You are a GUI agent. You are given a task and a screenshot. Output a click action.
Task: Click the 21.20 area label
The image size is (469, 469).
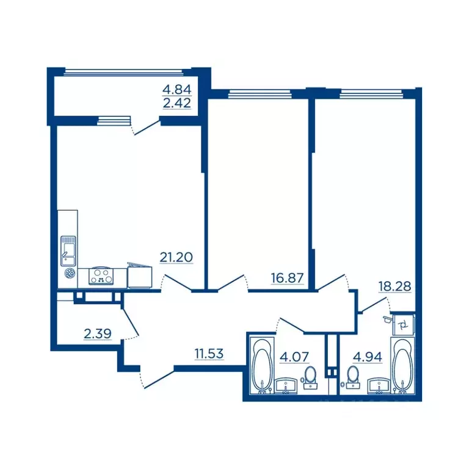pyautogui.click(x=176, y=257)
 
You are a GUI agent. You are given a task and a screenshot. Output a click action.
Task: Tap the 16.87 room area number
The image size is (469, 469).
pyautogui.click(x=287, y=278)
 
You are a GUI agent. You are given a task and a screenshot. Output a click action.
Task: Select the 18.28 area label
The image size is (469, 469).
pyautogui.click(x=395, y=286)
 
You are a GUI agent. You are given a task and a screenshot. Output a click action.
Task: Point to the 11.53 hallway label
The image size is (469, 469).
pyautogui.click(x=209, y=354)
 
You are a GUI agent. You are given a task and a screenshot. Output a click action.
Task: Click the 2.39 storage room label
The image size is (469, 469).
pyautogui.click(x=98, y=333)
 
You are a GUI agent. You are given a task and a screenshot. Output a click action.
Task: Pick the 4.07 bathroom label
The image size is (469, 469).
pyautogui.click(x=294, y=357)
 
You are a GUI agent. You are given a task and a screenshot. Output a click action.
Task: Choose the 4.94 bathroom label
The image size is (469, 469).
pyautogui.click(x=367, y=357)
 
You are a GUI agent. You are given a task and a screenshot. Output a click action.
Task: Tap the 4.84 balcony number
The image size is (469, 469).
pyautogui.click(x=176, y=89)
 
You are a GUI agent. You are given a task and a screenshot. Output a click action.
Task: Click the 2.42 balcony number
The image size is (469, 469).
pyautogui.click(x=176, y=103)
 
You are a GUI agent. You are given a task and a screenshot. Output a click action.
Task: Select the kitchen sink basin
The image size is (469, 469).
pyautogui.click(x=68, y=251)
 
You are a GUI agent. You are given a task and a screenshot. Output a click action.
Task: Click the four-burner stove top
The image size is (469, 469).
pyautogui.click(x=101, y=277)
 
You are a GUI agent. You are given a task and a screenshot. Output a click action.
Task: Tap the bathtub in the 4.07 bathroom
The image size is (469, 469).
pyautogui.click(x=262, y=366)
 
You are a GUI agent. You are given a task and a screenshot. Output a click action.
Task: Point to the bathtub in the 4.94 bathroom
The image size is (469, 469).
pyautogui.click(x=402, y=366)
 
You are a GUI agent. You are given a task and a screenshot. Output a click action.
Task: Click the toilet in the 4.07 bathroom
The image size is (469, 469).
pyautogui.click(x=310, y=377)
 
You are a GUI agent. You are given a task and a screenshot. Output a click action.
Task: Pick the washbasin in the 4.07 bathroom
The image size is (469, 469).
pyautogui.click(x=286, y=386)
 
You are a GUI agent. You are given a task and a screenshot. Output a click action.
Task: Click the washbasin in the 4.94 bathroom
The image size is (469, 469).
pyautogui.click(x=379, y=386)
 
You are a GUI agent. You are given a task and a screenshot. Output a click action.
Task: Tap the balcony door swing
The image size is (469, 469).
pyautogui.click(x=146, y=128)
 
